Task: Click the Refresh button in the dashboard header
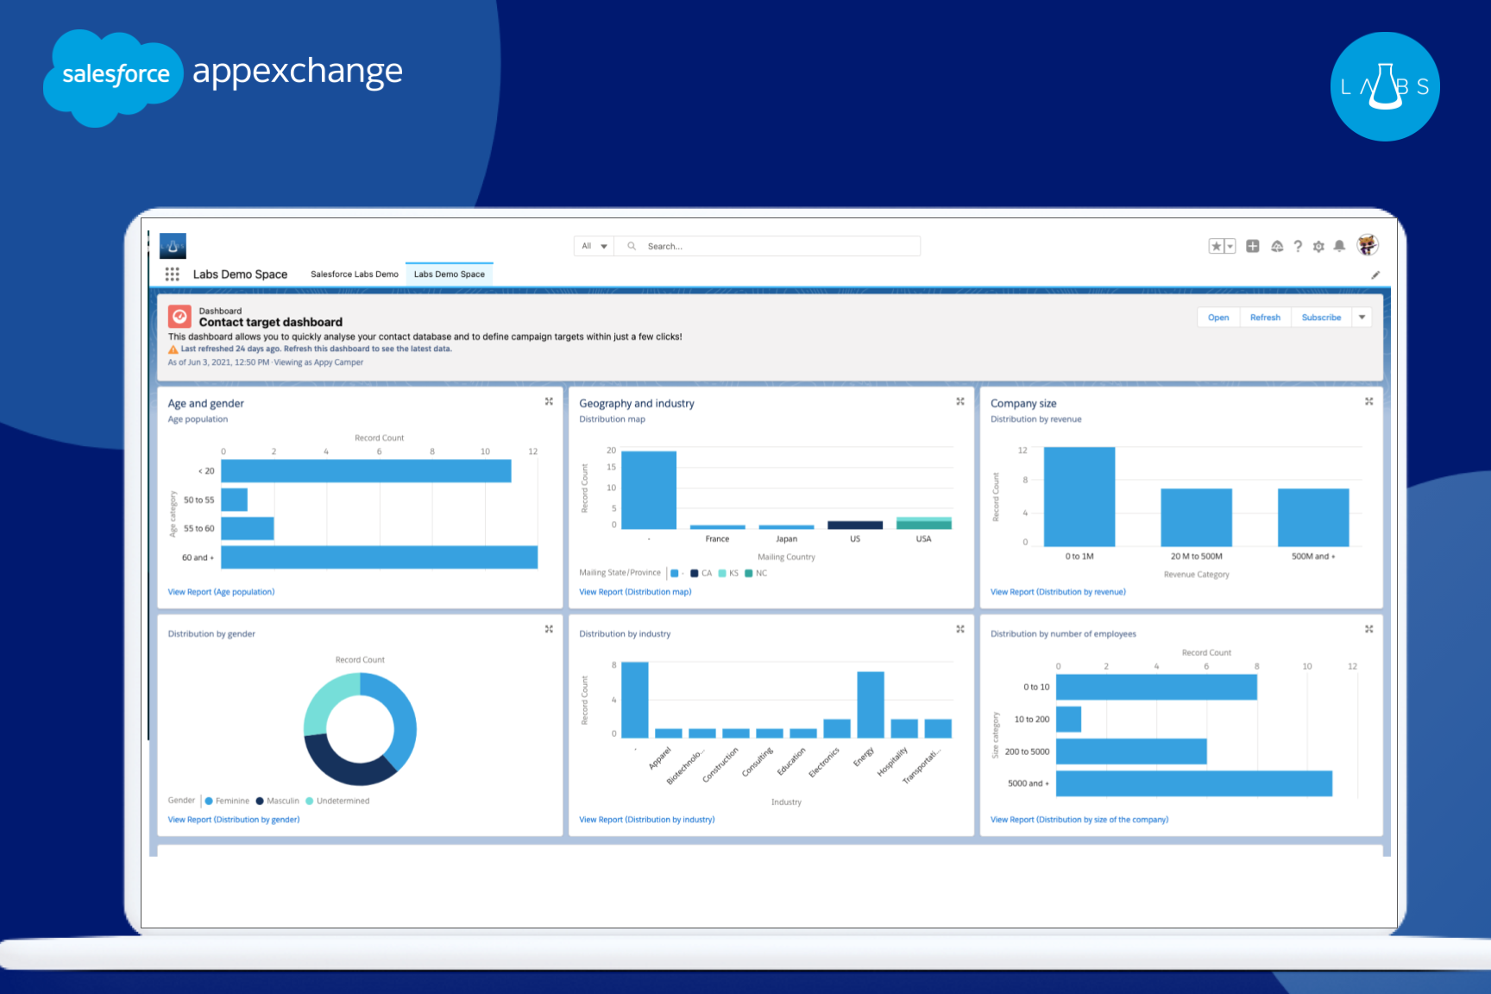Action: [1265, 318]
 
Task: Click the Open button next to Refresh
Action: [1217, 318]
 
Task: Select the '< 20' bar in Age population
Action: [366, 471]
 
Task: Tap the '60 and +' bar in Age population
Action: [379, 557]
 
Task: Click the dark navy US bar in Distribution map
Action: [854, 525]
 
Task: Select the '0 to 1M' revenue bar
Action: [1079, 497]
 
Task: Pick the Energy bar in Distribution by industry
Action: [870, 704]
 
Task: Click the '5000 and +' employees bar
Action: [1193, 783]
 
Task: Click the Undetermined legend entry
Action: [342, 801]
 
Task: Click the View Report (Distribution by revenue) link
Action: [1058, 592]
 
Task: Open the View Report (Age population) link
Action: [221, 592]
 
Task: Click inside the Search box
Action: [777, 246]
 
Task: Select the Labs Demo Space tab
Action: [449, 274]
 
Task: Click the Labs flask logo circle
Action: [1384, 86]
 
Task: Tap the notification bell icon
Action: [1339, 246]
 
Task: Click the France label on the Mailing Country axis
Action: [717, 539]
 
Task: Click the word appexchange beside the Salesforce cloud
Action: [297, 72]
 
